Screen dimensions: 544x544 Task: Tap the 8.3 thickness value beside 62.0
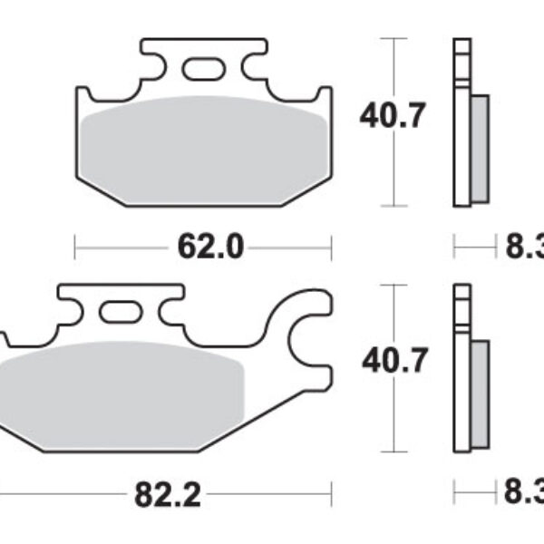[x=524, y=246]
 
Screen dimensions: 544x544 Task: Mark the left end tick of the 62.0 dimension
[x=74, y=246]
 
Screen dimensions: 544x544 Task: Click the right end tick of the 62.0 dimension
[x=332, y=246]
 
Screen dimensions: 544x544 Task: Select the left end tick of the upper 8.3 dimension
[x=454, y=246]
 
